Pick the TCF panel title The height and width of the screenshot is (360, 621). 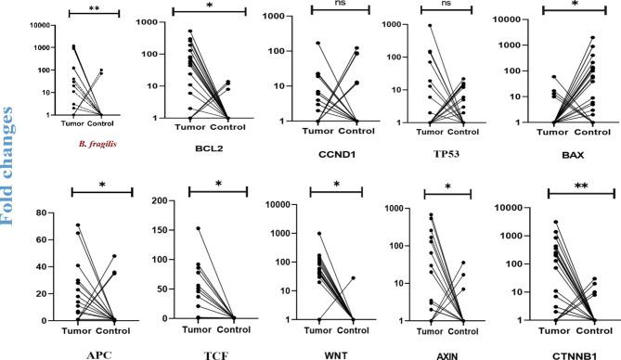[x=215, y=354]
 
